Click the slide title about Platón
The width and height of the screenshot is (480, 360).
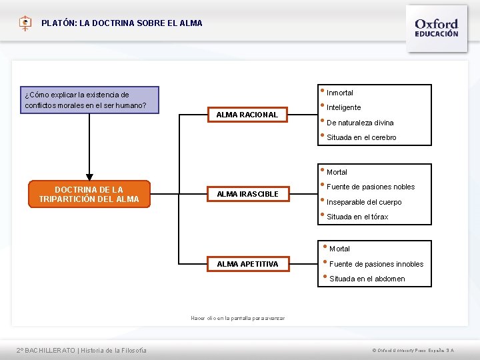[x=122, y=23]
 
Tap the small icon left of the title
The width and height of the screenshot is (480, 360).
[x=25, y=23]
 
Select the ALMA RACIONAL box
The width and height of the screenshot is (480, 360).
[x=247, y=115]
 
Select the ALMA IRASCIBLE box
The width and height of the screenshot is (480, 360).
[x=247, y=194]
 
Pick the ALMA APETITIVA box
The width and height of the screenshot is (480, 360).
[x=247, y=264]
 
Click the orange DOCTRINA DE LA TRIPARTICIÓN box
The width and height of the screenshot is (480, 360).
[x=89, y=194]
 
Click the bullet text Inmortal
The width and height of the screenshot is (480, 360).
[x=340, y=93]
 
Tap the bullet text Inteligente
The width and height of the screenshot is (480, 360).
[x=344, y=107]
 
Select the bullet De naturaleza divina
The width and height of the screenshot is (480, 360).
[x=360, y=123]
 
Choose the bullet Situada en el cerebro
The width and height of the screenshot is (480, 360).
[x=361, y=137]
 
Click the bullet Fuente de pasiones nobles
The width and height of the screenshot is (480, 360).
[x=371, y=187]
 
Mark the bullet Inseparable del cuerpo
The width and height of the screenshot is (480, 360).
[x=364, y=202]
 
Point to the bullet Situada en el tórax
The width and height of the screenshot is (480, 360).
[x=357, y=217]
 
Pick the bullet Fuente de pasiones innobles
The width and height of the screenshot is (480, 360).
[x=376, y=264]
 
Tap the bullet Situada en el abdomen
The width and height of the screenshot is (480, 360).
[x=367, y=279]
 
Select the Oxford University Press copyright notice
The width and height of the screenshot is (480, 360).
[x=413, y=350]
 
